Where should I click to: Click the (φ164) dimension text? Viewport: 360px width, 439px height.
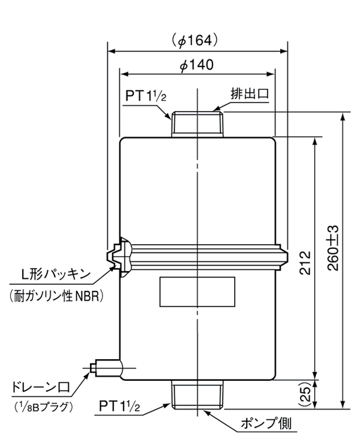(x=197, y=40)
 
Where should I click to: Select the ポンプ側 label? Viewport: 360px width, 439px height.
(x=271, y=424)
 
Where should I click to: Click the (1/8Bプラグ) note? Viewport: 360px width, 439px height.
(x=43, y=406)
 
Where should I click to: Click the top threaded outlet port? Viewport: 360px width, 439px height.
(x=197, y=125)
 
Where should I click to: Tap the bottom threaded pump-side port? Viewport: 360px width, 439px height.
(x=197, y=396)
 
